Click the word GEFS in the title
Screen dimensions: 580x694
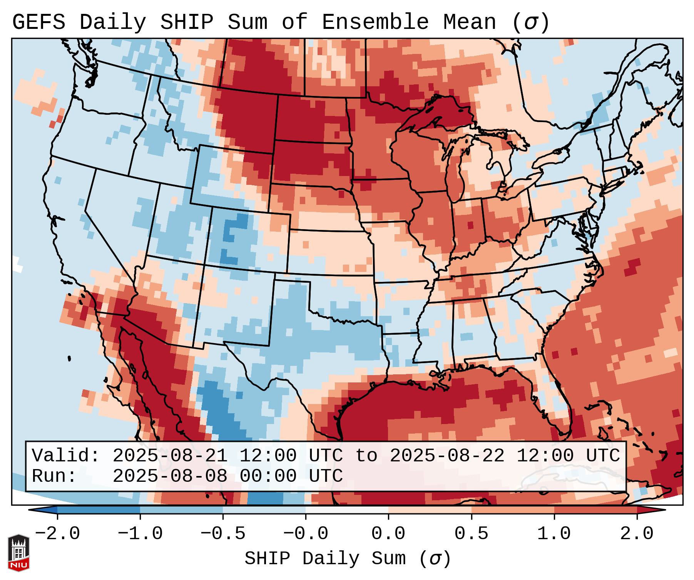[38, 22]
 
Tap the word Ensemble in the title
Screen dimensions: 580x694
[375, 22]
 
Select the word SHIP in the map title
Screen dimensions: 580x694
[186, 22]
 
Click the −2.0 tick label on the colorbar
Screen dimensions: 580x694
[57, 534]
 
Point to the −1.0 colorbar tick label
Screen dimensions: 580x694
[140, 534]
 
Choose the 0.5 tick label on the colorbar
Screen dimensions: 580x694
[471, 534]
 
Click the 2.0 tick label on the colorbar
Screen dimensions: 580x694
[637, 534]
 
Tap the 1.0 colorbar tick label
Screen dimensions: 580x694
[554, 534]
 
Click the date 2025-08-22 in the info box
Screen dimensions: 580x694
[447, 456]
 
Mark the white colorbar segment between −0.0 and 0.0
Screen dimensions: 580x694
[347, 510]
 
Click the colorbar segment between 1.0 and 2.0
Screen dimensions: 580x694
[595, 510]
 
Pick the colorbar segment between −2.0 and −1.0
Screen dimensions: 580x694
[99, 510]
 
